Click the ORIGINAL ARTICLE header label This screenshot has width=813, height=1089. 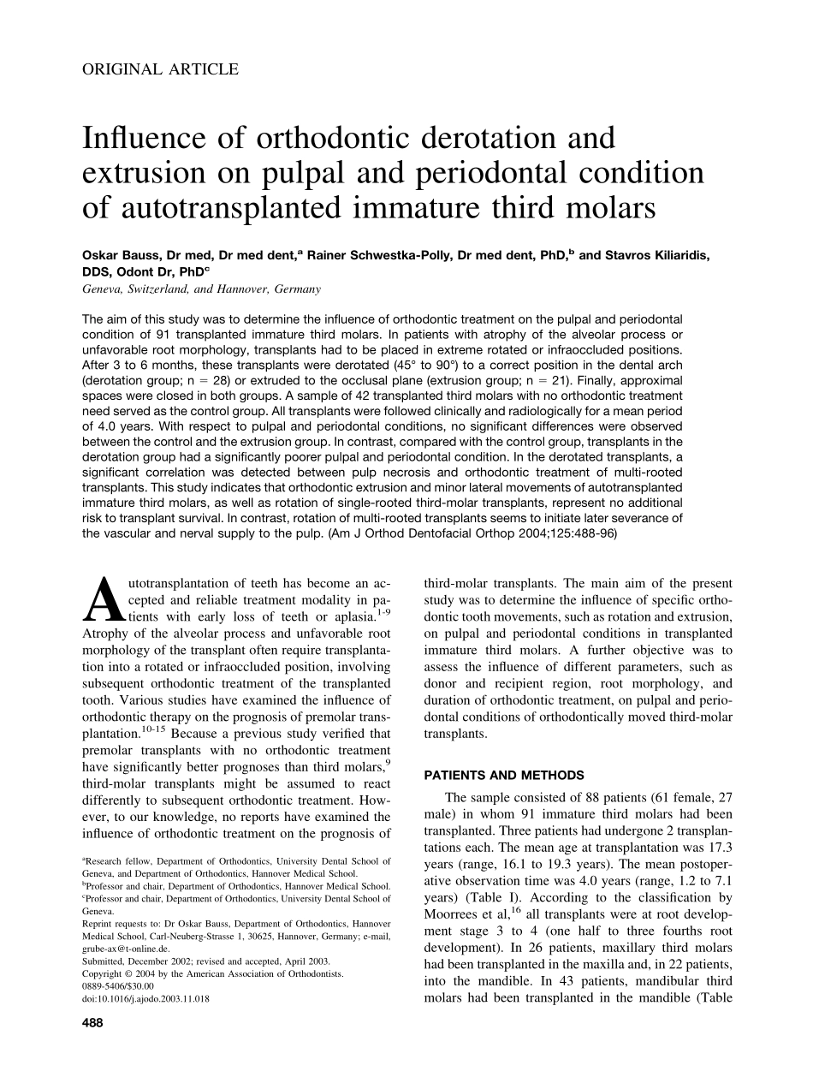coord(160,69)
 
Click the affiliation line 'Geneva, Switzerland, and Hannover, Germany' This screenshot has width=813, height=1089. coord(201,289)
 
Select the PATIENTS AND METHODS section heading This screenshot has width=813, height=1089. coord(504,776)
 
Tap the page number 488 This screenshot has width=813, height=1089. coord(92,1024)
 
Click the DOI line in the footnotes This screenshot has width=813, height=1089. coord(146,998)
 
